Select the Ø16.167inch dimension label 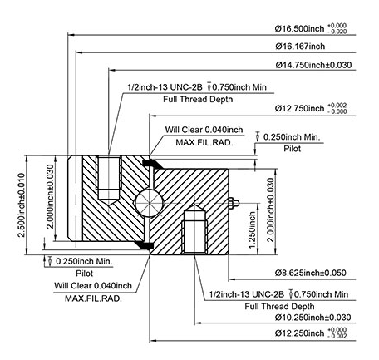300,47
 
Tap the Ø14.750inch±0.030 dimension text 313,65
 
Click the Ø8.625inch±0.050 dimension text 311,273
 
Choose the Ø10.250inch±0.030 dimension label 313,318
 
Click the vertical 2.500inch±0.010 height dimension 22,205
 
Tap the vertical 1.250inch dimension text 252,229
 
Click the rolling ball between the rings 149,203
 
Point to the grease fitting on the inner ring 234,203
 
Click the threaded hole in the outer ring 109,180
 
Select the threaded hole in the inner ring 194,229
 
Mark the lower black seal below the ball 144,244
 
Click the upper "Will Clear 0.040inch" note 204,130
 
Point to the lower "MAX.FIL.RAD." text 93,298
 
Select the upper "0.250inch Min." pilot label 292,137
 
